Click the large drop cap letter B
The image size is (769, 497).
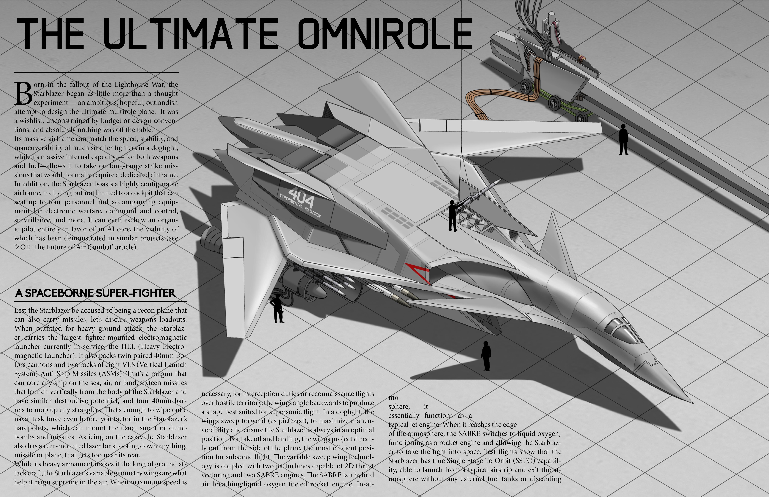point(23,94)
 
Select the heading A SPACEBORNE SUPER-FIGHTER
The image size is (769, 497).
point(95,293)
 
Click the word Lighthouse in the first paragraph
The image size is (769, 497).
point(131,84)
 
